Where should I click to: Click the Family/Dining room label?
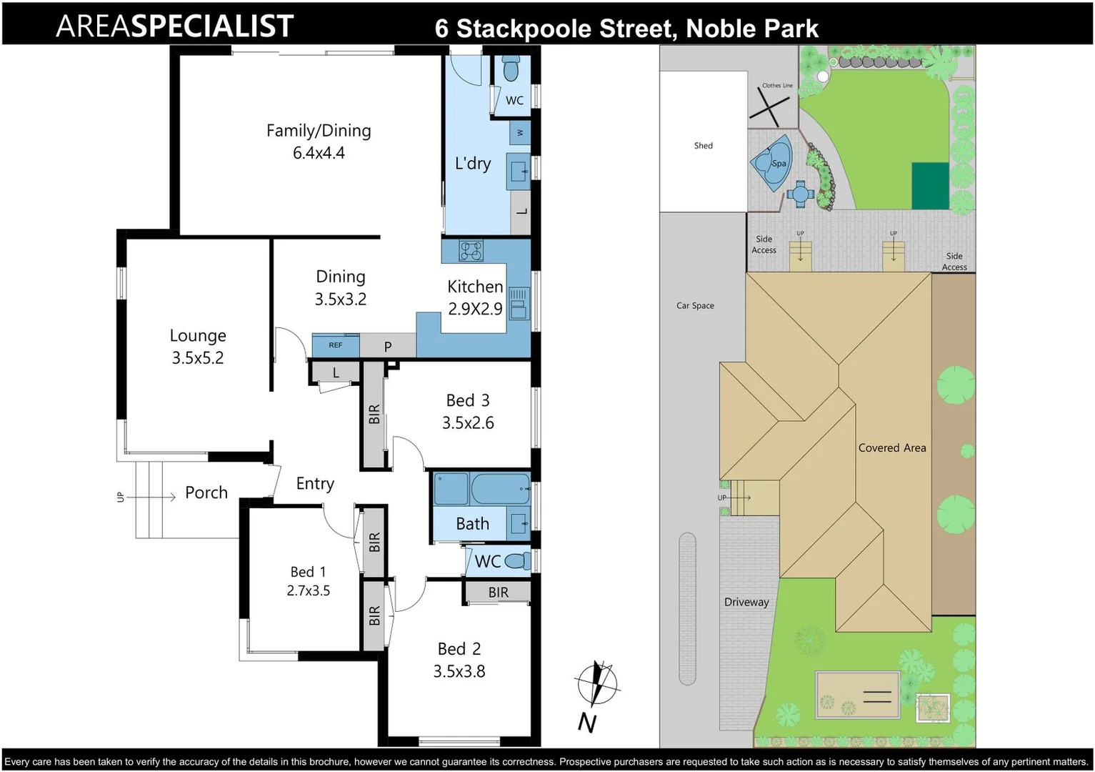tap(319, 131)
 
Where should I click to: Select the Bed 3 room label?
tap(468, 400)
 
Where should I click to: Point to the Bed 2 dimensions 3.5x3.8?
tap(459, 671)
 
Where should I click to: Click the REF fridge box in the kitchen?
tap(336, 345)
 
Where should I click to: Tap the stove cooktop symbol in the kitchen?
tap(471, 251)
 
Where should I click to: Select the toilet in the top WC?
tap(510, 69)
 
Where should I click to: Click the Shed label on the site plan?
tap(703, 146)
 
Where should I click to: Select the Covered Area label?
tap(892, 448)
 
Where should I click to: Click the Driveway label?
tap(746, 602)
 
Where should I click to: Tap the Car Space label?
tap(695, 306)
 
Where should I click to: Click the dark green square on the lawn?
tap(930, 185)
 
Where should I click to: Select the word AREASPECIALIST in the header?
tap(175, 26)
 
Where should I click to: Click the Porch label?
tap(206, 493)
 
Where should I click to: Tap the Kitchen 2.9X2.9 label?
tap(475, 297)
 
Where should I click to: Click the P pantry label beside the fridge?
tap(388, 347)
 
